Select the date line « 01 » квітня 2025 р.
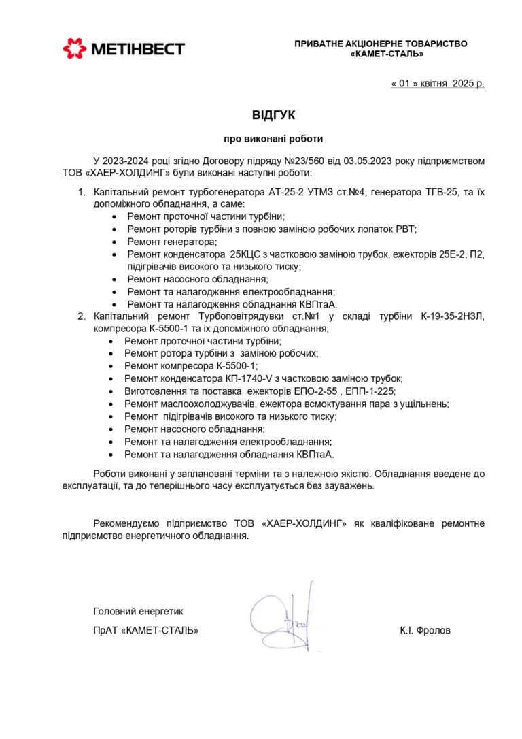coord(438,84)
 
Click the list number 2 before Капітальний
coord(80,316)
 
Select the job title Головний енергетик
coord(138,611)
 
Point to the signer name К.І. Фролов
coord(425,630)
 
